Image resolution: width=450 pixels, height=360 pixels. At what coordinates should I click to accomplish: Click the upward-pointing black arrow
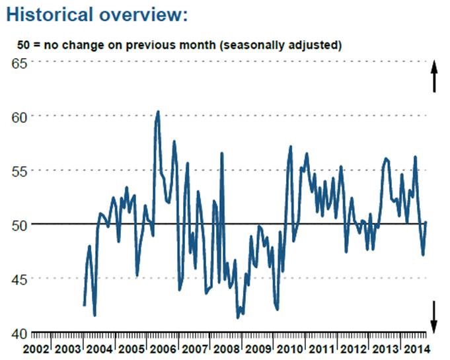(x=434, y=76)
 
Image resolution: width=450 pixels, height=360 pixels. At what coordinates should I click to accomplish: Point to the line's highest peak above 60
(x=157, y=112)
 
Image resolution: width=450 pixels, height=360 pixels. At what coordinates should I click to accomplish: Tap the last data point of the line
(x=426, y=222)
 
